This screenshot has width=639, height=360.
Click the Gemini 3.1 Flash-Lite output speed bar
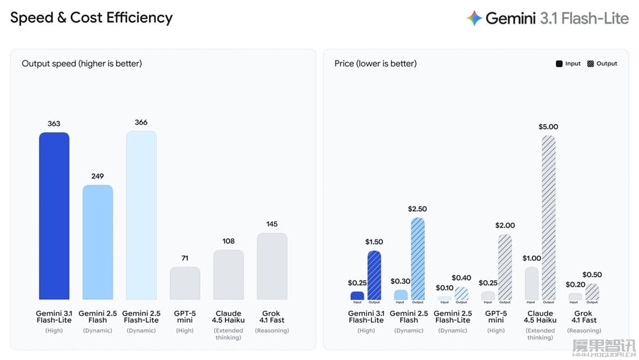click(54, 216)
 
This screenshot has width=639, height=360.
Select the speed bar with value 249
click(98, 242)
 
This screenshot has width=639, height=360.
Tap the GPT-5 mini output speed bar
click(185, 283)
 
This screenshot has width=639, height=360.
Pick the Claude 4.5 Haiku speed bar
click(228, 275)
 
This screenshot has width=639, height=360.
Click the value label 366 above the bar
click(141, 122)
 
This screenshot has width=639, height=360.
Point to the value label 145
click(272, 224)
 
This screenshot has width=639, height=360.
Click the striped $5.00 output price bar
click(548, 217)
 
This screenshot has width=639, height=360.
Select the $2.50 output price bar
click(417, 259)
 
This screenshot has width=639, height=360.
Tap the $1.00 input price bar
click(532, 283)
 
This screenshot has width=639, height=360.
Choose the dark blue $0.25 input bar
click(357, 296)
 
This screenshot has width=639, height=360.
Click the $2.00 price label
click(505, 225)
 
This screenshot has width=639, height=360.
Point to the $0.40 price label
click(461, 278)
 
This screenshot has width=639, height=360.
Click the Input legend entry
click(568, 64)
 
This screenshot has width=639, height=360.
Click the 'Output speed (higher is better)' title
click(82, 63)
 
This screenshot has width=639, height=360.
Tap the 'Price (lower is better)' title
click(375, 63)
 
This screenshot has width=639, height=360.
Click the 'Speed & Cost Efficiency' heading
click(91, 18)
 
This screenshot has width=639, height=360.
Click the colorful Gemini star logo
click(473, 18)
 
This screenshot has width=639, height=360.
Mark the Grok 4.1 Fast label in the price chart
click(583, 317)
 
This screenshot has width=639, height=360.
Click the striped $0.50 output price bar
click(592, 292)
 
